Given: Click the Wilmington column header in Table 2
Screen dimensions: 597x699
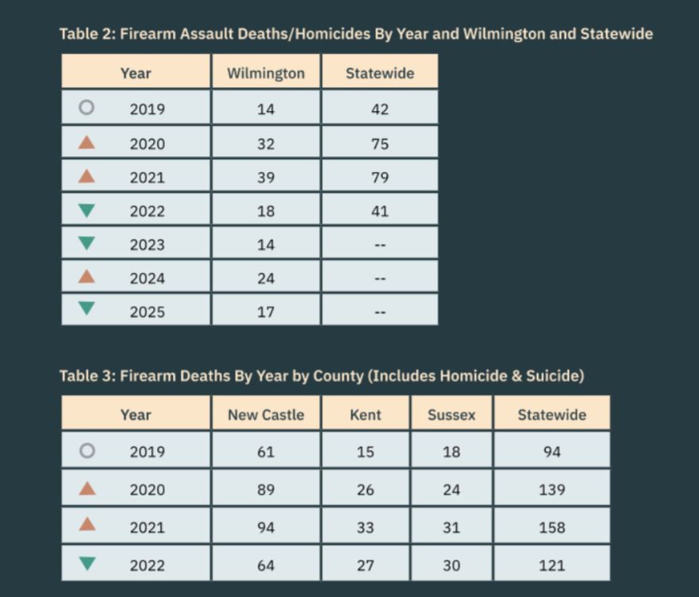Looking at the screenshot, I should (266, 74).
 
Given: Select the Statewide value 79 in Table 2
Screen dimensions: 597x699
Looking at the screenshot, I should (380, 178).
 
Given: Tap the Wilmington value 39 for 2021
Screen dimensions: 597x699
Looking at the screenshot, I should (266, 178).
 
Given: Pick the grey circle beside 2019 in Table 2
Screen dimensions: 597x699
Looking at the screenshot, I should (87, 108).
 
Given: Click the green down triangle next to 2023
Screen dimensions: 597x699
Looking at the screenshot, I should (87, 243).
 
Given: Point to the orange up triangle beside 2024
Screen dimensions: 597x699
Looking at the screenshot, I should (87, 277).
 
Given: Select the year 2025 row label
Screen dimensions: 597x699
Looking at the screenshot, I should (148, 312).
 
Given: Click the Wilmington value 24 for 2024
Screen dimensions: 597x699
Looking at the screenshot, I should (266, 278).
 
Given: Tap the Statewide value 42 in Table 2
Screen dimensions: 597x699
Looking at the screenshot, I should (380, 109).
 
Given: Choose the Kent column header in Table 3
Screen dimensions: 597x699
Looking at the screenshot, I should (365, 415).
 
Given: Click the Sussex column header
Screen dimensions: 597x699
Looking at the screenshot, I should (451, 415).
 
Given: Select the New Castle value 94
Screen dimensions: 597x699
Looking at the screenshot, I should (266, 527).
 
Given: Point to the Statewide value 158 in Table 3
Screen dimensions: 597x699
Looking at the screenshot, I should (551, 527).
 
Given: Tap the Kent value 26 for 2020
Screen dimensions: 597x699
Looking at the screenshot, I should (365, 490).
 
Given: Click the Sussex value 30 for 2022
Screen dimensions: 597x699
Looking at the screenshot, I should (451, 565).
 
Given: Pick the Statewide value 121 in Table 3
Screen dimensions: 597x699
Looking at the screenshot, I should (551, 565).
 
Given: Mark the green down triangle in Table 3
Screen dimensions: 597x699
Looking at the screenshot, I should (87, 564).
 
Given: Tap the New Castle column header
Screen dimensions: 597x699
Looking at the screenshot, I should (266, 415).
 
